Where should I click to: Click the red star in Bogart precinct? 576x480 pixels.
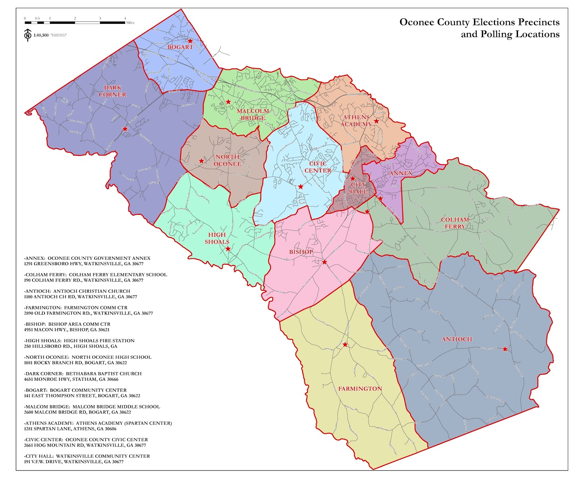point(190,41)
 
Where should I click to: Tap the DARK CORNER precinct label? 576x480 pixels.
point(112,91)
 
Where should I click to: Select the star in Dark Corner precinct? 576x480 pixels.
point(125,129)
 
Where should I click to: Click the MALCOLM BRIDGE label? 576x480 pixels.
point(253,114)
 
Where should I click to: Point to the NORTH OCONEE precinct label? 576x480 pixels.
point(228,160)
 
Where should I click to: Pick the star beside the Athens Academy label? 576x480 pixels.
point(376,121)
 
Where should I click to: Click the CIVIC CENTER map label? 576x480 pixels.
point(318,167)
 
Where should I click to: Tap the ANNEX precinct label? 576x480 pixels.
point(401,173)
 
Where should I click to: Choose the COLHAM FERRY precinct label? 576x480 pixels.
point(455,223)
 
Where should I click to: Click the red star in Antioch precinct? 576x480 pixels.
point(505,349)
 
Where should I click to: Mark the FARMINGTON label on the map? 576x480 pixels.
point(360,389)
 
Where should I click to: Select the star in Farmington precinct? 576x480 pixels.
point(345,345)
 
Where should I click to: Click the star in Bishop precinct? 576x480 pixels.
point(324,262)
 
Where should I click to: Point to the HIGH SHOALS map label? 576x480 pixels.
point(217,238)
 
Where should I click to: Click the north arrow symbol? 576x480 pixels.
point(28,35)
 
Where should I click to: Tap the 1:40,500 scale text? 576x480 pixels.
point(41,35)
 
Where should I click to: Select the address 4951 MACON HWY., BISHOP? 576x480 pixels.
point(67,330)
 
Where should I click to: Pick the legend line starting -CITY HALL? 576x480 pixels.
point(87,456)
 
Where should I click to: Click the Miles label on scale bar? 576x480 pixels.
point(130,23)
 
